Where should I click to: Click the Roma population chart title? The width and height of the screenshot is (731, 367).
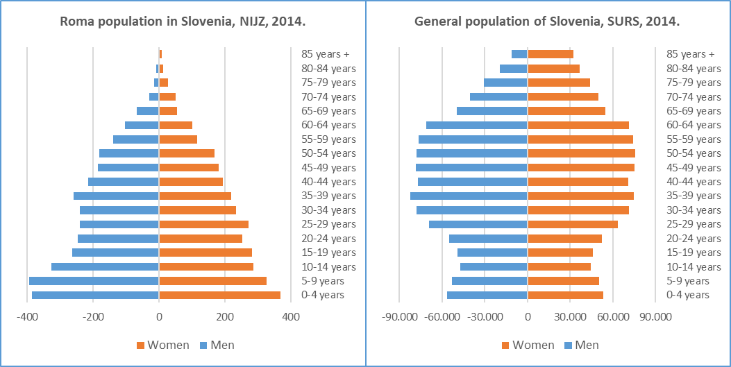coord(183,21)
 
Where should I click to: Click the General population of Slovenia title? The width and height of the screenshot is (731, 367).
coord(546,21)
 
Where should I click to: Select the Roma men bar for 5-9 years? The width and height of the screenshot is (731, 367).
coord(94,281)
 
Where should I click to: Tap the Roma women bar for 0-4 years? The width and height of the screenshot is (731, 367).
coord(219,295)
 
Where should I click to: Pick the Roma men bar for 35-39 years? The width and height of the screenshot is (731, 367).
coord(116,196)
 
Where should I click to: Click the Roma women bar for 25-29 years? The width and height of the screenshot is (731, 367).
coord(203,224)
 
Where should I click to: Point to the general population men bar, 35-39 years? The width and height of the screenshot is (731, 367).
coord(469,196)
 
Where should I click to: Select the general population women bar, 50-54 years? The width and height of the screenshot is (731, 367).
coord(581,153)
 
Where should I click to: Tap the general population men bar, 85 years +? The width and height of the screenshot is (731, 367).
coord(520,54)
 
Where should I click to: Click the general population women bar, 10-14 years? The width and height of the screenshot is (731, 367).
coord(559,266)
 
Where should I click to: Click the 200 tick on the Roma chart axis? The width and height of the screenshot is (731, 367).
coord(224,317)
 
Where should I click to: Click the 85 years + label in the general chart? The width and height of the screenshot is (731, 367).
coord(690,54)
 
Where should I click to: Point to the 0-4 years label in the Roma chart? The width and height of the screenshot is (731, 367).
coord(323,295)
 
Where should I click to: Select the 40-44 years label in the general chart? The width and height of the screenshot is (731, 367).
coord(694,182)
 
